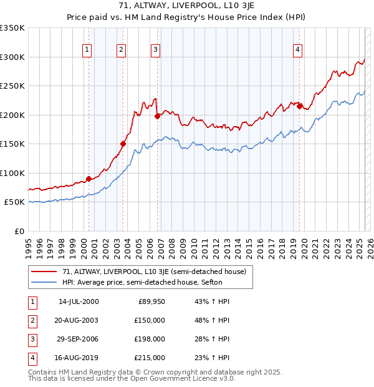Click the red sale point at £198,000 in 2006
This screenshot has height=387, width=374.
click(x=158, y=115)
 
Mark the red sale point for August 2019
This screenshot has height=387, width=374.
click(x=300, y=106)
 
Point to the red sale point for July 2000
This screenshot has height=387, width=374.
click(x=89, y=179)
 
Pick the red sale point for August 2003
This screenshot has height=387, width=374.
click(x=123, y=144)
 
